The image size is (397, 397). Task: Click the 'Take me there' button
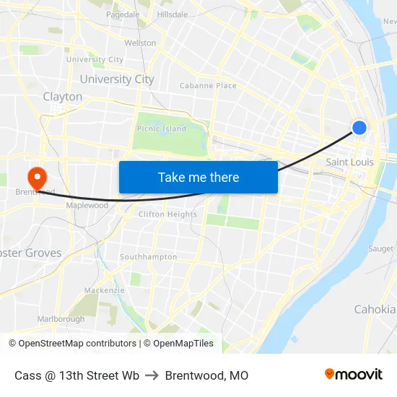[198, 177]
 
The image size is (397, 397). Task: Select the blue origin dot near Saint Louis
[359, 128]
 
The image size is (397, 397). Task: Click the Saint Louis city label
[350, 162]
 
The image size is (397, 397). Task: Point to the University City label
[117, 79]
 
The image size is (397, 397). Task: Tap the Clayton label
[63, 97]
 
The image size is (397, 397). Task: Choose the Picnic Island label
[161, 129]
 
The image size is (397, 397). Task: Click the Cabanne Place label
[208, 86]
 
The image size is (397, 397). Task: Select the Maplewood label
[87, 206]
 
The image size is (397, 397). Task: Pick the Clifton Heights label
[167, 214]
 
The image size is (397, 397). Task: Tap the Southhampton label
[149, 257]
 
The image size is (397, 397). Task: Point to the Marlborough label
[61, 319]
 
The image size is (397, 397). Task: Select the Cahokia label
[375, 310]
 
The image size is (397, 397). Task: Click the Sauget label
[381, 249]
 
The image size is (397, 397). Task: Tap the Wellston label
[140, 43]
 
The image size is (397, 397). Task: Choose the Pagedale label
[123, 14]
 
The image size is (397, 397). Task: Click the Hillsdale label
[172, 14]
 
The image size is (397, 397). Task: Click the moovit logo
[353, 375]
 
